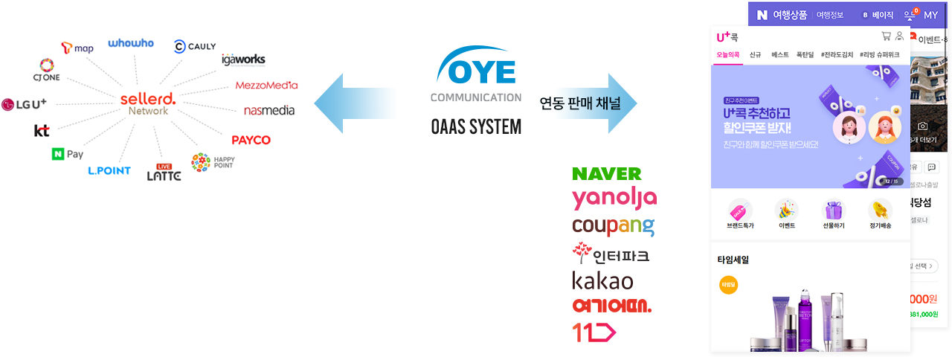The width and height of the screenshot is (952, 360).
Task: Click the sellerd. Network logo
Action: [x=148, y=103]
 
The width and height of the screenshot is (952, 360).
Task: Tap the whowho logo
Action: [x=131, y=43]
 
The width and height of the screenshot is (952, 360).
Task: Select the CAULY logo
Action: [x=195, y=47]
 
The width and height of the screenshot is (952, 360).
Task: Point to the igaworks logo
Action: [x=243, y=60]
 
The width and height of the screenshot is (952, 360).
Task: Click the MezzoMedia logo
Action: [x=266, y=85]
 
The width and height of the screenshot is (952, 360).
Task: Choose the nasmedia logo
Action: [x=269, y=111]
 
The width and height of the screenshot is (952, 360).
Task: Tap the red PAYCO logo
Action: [x=251, y=140]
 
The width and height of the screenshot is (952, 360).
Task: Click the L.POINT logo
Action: [x=109, y=170]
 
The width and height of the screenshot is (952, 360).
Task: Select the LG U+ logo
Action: [x=25, y=104]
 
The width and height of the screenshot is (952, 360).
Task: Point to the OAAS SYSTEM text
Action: [x=476, y=127]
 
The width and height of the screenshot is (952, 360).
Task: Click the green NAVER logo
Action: [x=606, y=174]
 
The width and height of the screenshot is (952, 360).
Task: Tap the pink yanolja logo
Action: [x=614, y=199]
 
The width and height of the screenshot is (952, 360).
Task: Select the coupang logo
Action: [x=613, y=226]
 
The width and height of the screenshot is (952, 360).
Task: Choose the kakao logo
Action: [x=602, y=280]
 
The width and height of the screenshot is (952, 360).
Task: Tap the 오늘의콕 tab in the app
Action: [x=727, y=54]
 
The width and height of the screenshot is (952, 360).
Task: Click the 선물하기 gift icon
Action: [x=833, y=214]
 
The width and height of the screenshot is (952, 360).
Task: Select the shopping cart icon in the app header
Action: [x=886, y=36]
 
